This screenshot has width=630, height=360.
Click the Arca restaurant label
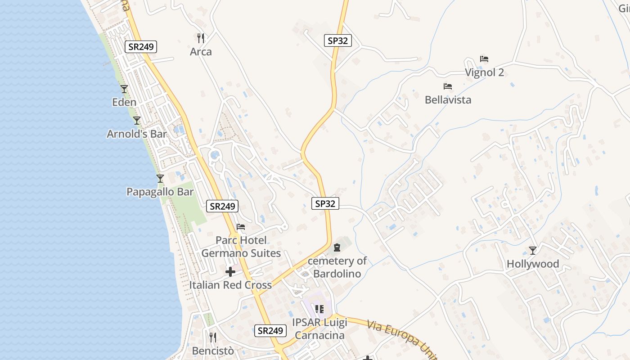201,52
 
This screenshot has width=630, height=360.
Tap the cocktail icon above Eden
124,89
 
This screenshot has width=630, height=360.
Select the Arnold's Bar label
137,134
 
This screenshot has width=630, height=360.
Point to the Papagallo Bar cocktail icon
160,179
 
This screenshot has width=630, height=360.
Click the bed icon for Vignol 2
484,59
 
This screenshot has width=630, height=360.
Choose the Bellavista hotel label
448,100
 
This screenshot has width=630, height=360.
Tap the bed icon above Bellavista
447,86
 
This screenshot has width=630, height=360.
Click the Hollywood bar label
533,264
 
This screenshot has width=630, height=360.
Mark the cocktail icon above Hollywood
533,251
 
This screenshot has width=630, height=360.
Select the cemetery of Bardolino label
337,267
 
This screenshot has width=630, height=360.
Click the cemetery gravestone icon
337,247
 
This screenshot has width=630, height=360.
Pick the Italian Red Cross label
230,285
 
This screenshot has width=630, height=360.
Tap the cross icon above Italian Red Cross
230,272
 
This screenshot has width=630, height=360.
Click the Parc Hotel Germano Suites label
241,247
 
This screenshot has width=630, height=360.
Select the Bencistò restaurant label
213,351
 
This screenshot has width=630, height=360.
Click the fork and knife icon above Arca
201,38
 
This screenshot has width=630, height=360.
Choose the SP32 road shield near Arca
337,40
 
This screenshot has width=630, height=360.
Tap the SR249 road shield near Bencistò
270,331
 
